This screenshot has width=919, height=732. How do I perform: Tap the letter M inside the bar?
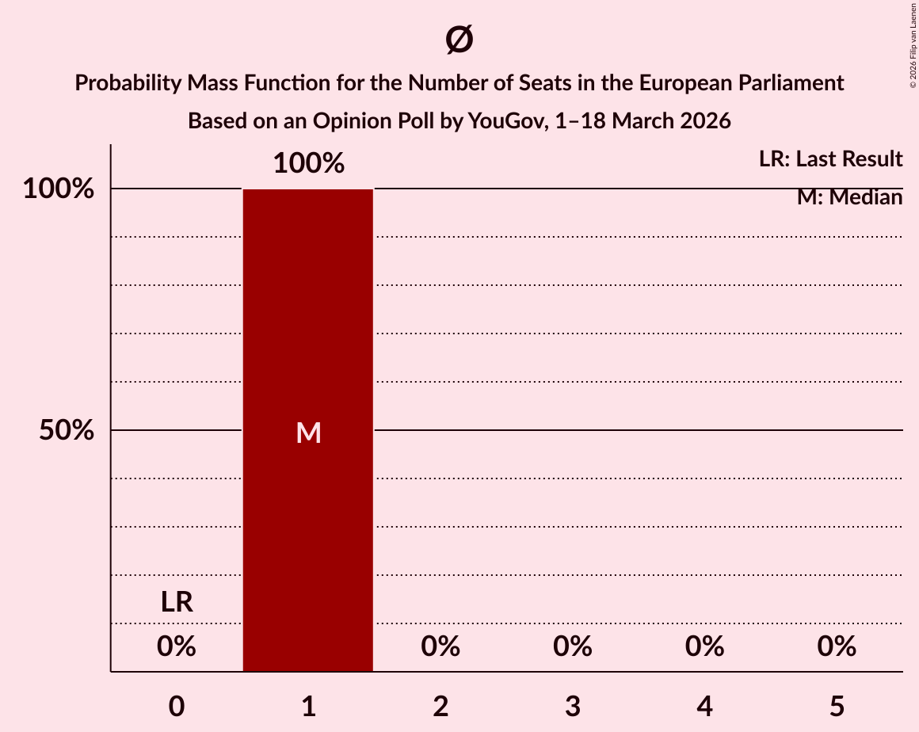point(308,433)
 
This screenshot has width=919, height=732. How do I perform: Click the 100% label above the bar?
point(308,164)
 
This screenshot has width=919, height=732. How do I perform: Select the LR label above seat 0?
point(176,602)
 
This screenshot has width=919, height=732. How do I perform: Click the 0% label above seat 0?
point(176,646)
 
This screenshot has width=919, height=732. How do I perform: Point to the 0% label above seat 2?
point(440,646)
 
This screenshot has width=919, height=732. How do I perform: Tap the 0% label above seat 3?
point(573,646)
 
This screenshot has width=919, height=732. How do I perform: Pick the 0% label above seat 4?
point(704,646)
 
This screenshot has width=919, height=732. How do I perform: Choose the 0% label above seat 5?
point(837,646)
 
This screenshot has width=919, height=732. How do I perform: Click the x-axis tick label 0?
point(176,706)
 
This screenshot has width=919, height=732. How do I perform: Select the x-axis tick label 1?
point(308,706)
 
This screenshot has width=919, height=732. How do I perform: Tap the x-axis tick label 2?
point(440,706)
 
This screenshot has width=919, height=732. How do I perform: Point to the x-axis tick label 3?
point(573,706)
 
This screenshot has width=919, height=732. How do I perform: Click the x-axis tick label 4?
point(704,706)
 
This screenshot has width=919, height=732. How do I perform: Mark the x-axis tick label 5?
point(837,706)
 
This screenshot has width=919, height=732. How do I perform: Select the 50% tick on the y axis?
point(67,431)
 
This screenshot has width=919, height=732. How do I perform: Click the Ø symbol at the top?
point(459,40)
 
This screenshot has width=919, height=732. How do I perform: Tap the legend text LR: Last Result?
point(830,159)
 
